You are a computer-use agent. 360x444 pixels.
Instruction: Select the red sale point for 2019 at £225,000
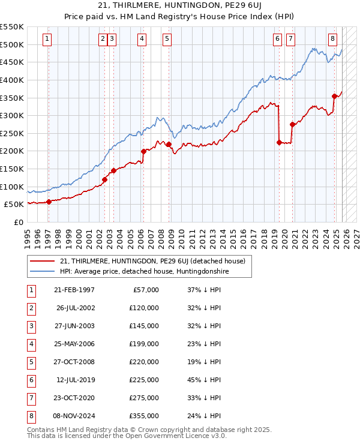click(x=279, y=142)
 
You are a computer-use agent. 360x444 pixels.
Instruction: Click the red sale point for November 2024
click(x=334, y=96)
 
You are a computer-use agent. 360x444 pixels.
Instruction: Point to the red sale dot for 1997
click(x=49, y=202)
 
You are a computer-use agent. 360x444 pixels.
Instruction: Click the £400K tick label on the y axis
click(x=12, y=80)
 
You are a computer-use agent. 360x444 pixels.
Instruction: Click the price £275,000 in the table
click(x=144, y=398)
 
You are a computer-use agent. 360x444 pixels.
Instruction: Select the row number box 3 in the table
click(x=30, y=326)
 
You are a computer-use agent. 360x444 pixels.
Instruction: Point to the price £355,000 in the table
click(x=144, y=416)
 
